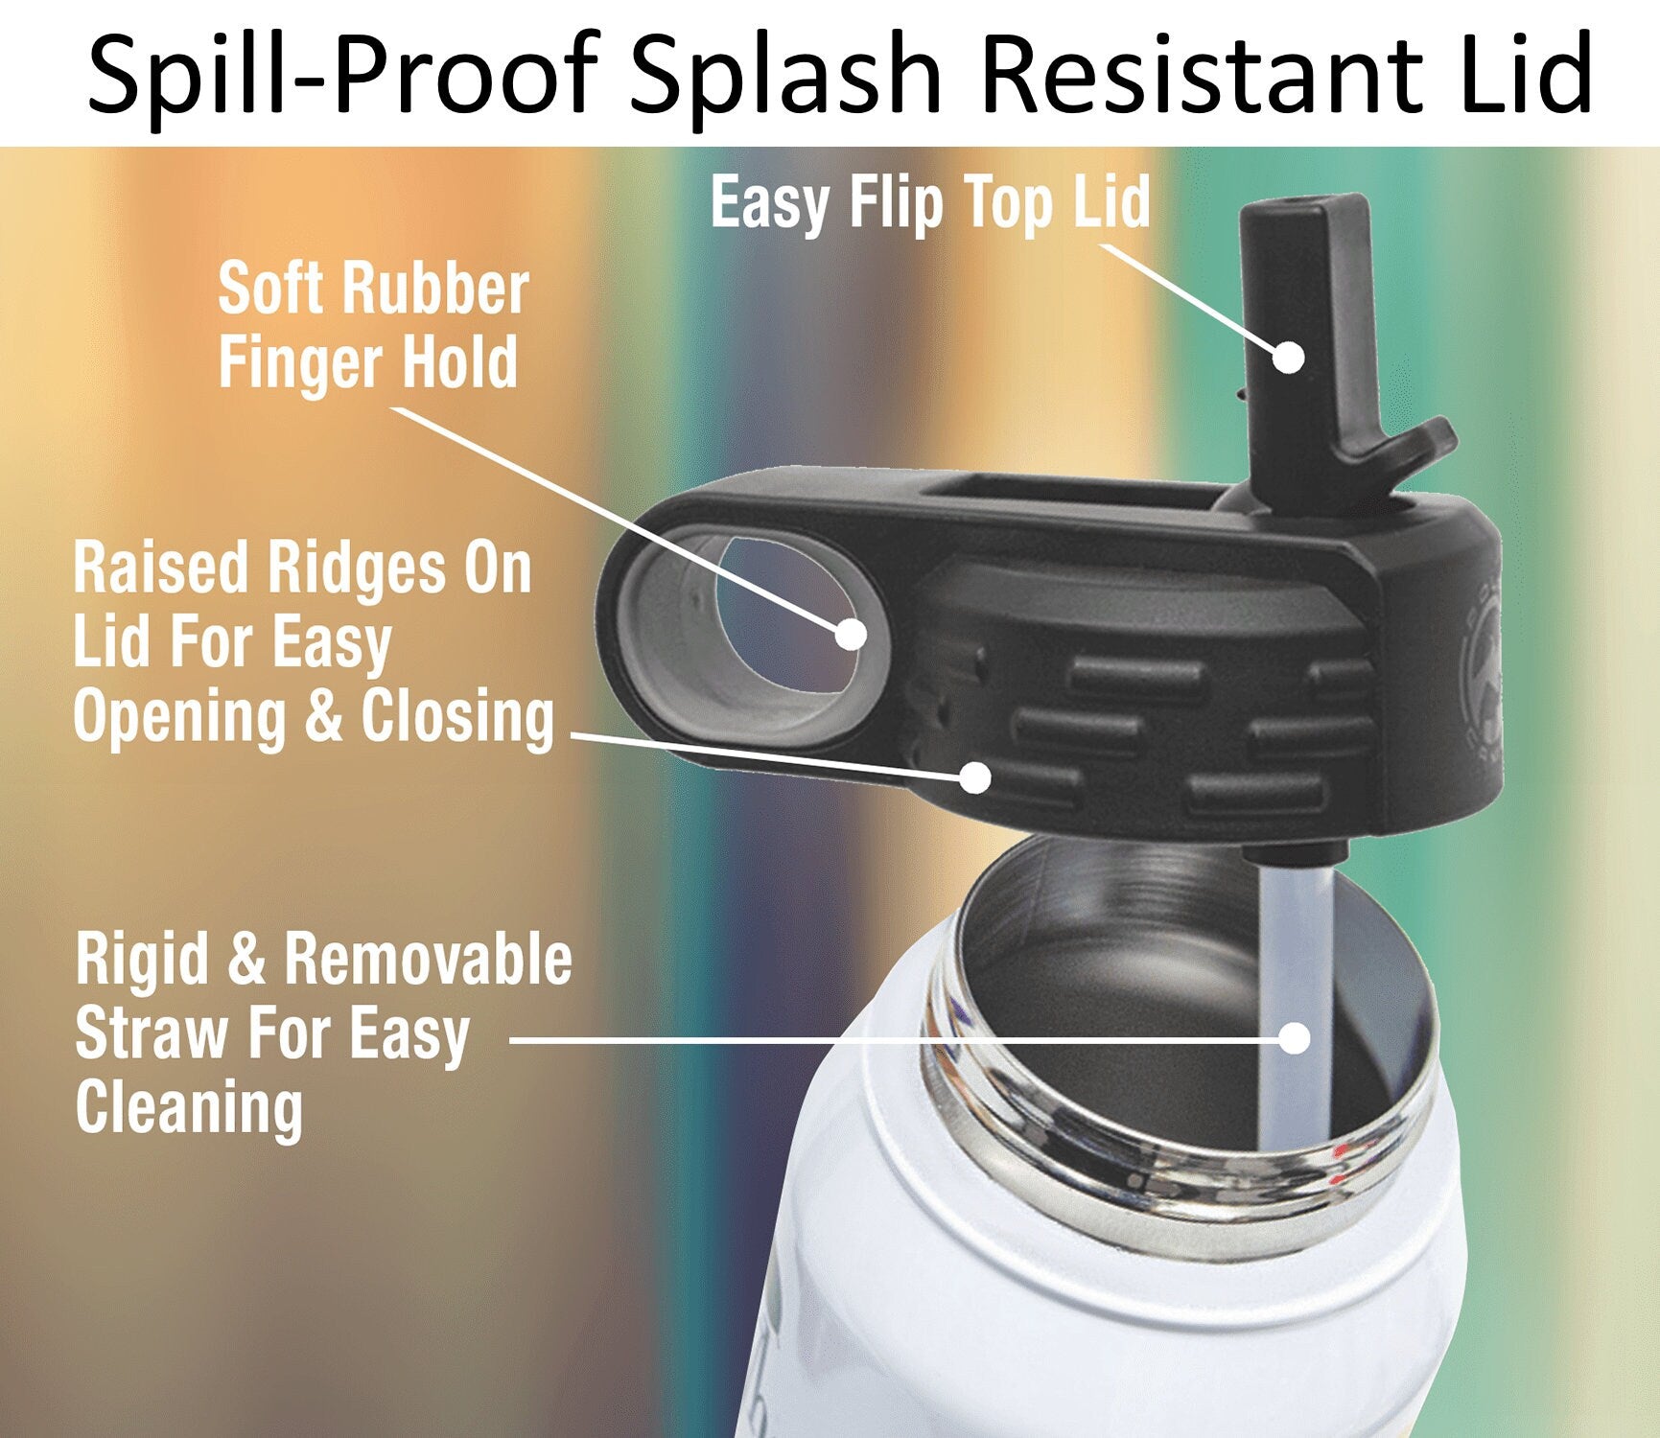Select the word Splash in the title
coord(786,75)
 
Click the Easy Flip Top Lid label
coord(930,203)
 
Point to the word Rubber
coord(435,288)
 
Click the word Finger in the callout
coord(301,364)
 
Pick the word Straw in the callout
coord(152,1033)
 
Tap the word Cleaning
coord(189,1108)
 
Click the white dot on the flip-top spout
coord(1289,358)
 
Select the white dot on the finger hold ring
coord(851,634)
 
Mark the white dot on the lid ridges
coord(975,777)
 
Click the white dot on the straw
coord(1296,1037)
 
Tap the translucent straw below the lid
coord(1295,1007)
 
